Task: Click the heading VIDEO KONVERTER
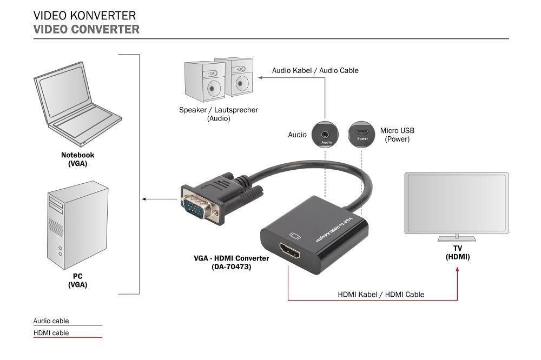click(84, 16)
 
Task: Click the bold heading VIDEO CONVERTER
click(86, 29)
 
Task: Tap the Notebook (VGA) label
click(77, 159)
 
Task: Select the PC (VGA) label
click(77, 281)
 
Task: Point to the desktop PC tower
click(77, 225)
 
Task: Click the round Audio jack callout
click(325, 134)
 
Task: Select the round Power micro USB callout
click(361, 134)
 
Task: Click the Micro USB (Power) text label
click(397, 135)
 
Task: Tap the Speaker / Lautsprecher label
click(219, 114)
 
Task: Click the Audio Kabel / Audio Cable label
click(315, 70)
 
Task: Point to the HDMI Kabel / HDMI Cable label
click(381, 295)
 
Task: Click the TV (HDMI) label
click(458, 252)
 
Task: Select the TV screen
click(457, 203)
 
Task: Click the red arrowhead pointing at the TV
click(458, 269)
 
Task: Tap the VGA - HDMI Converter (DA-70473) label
click(231, 262)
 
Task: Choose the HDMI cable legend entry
click(51, 333)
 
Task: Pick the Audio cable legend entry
click(51, 321)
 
